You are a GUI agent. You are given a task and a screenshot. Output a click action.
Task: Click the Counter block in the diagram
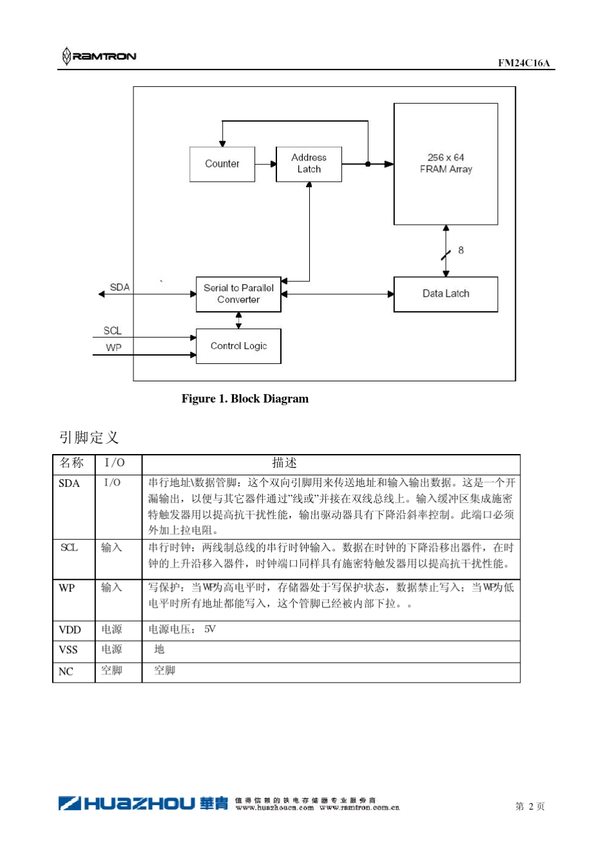pos(222,164)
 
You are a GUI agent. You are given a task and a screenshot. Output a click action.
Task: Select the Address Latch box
pos(309,164)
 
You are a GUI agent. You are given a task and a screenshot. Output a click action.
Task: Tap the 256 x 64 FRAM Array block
pos(446,164)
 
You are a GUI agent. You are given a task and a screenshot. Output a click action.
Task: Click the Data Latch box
pos(446,294)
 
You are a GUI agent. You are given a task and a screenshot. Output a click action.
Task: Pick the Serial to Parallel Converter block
pos(238,294)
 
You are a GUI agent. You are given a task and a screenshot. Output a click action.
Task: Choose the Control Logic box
pos(238,346)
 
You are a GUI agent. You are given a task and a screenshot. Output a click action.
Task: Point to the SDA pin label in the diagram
pos(119,287)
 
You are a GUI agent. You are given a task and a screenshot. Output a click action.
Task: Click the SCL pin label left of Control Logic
pos(112,330)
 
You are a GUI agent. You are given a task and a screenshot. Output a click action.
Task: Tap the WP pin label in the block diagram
pos(113,347)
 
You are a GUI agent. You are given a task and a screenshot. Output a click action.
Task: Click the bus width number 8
pos(461,250)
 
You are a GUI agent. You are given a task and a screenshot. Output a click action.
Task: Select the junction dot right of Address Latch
pos(368,164)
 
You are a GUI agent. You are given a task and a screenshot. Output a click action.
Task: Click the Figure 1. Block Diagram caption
pos(245,399)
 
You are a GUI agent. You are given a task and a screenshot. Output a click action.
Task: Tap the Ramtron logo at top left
pos(99,56)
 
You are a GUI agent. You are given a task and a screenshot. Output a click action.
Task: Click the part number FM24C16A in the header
pos(524,62)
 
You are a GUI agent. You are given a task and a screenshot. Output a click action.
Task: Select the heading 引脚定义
pos(89,437)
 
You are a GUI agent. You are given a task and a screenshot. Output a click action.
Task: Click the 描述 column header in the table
pos(284,463)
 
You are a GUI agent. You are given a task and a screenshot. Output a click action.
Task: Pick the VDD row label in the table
pos(70,630)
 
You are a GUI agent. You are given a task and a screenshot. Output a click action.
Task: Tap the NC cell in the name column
pos(66,672)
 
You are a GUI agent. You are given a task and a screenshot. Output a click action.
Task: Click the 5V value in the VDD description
pos(210,629)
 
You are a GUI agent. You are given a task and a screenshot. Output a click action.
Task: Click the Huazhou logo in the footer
pos(143,803)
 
